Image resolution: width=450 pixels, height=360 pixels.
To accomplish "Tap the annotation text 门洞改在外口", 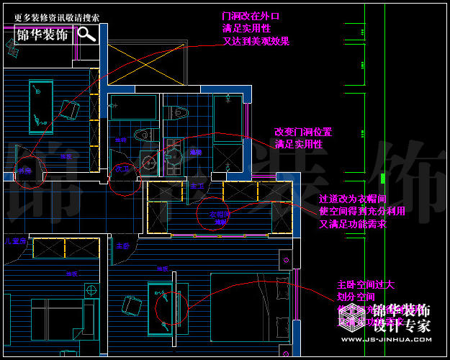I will pos(250,16).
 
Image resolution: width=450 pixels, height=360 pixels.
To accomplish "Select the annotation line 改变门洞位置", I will pos(302,132).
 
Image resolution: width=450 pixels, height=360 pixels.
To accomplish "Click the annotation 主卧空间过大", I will pos(365,285).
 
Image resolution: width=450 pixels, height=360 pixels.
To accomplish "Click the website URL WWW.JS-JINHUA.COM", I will pos(385,340).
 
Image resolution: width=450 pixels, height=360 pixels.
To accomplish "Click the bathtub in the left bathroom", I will pos(134,108).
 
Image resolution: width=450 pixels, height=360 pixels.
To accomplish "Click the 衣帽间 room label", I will pos(218,215).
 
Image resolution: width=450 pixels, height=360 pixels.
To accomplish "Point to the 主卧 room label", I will pos(122,246).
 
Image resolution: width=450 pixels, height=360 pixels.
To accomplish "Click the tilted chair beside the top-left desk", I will pos(69,110).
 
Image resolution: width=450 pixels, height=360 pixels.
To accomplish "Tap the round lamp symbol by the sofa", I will pos(91,289).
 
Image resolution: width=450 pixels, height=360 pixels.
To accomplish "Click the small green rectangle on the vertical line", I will pos(383,178).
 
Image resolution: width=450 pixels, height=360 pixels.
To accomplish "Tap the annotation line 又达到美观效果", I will pos(256,42).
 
